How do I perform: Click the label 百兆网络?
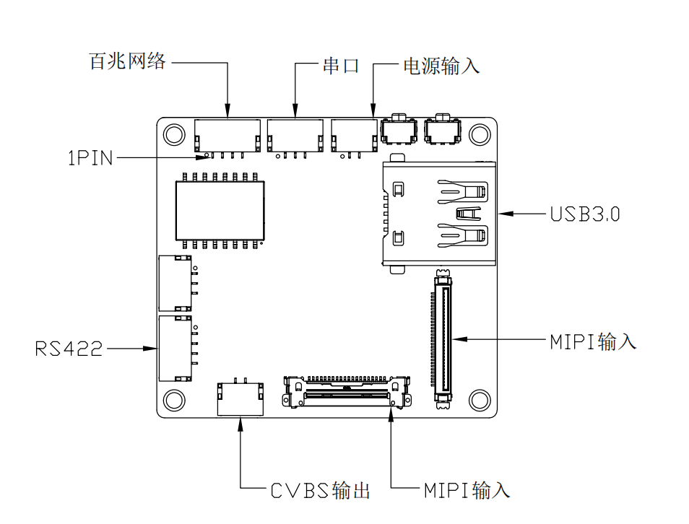pos(127,61)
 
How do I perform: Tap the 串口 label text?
pos(342,66)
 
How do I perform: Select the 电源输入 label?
pos(441,66)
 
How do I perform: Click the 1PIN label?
pos(90,158)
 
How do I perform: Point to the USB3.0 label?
pos(585,214)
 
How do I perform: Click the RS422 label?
pos(69,349)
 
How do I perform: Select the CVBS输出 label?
pos(321,491)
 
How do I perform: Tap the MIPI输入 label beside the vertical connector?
pos(593,341)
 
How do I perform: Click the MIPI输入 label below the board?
pos(467,490)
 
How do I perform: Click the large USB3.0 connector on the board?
pos(438,214)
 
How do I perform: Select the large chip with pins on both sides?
pos(220,211)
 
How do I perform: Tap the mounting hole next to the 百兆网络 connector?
pos(174,134)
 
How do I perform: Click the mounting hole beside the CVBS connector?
pos(174,400)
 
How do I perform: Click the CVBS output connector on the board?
pos(240,397)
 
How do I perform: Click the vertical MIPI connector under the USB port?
pos(443,339)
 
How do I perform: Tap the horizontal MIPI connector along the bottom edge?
pos(347,391)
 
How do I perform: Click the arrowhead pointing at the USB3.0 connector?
pos(506,214)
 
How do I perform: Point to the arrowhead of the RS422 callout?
pos(149,349)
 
